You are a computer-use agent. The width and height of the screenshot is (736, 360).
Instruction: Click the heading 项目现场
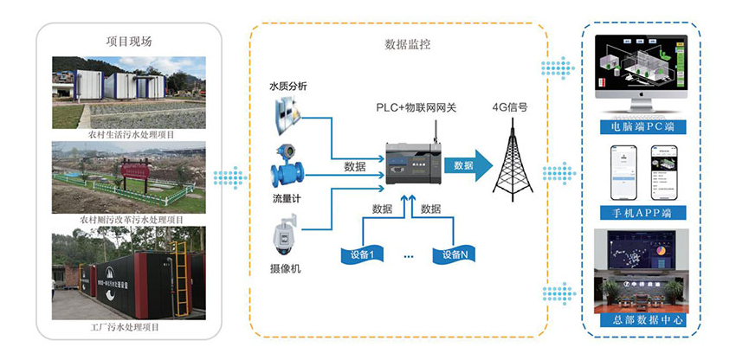(129, 41)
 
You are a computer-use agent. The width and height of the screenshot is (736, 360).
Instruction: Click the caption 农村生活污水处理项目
(129, 135)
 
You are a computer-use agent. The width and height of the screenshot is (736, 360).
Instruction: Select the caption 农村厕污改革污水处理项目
(129, 220)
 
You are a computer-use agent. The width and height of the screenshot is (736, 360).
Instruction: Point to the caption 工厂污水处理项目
(129, 327)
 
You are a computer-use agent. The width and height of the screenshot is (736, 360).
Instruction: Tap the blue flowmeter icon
(287, 170)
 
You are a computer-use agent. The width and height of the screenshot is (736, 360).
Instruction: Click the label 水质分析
(288, 86)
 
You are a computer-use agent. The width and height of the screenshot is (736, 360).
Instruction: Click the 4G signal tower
(510, 159)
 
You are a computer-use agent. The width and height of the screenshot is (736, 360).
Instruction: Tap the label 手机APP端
(642, 213)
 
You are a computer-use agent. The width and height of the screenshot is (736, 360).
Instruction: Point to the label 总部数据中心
(642, 320)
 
